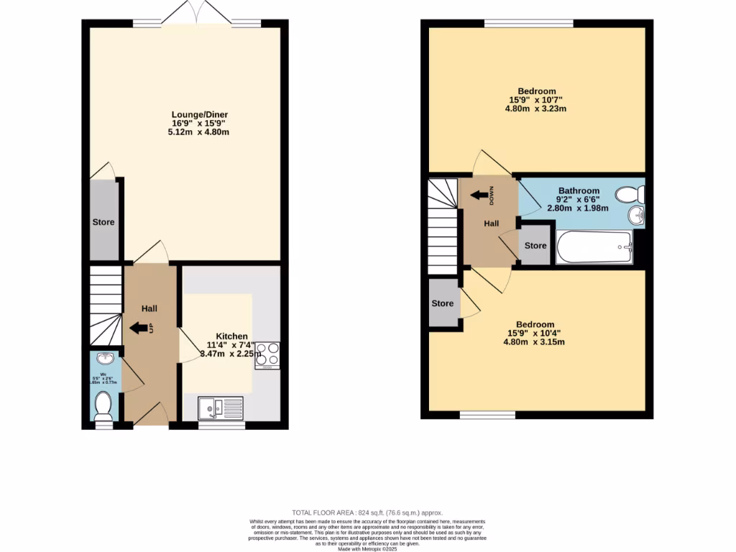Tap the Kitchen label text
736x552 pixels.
pyautogui.click(x=232, y=336)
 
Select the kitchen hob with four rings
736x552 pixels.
pyautogui.click(x=267, y=355)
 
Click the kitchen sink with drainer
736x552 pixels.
pyautogui.click(x=221, y=409)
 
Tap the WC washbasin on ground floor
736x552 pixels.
pyautogui.click(x=104, y=360)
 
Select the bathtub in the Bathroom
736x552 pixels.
pyautogui.click(x=594, y=247)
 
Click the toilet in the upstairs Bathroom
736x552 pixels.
pyautogui.click(x=632, y=194)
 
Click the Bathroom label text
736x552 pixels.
pyautogui.click(x=579, y=190)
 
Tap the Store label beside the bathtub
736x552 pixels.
pyautogui.click(x=535, y=246)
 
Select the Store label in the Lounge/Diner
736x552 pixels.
pyautogui.click(x=103, y=223)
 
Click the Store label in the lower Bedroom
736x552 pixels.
pyautogui.click(x=443, y=303)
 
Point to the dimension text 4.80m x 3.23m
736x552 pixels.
pyautogui.click(x=537, y=109)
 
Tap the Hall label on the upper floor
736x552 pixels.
pyautogui.click(x=491, y=224)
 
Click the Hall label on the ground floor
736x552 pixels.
pyautogui.click(x=149, y=308)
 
